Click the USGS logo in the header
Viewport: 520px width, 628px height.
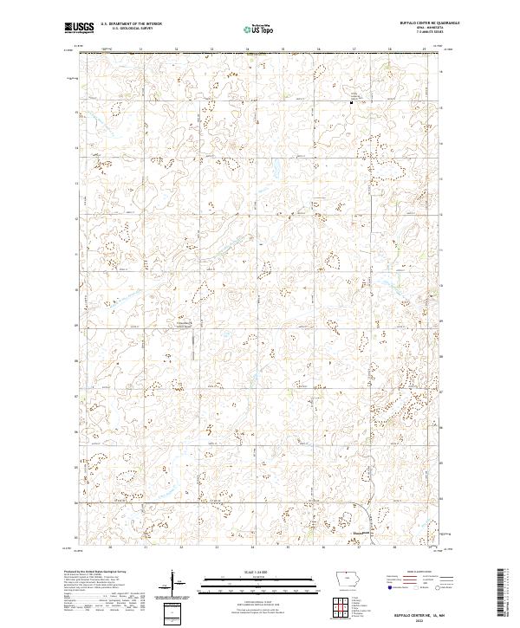click(80, 28)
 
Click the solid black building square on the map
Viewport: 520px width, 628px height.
click(351, 103)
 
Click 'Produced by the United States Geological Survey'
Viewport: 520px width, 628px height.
click(95, 573)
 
